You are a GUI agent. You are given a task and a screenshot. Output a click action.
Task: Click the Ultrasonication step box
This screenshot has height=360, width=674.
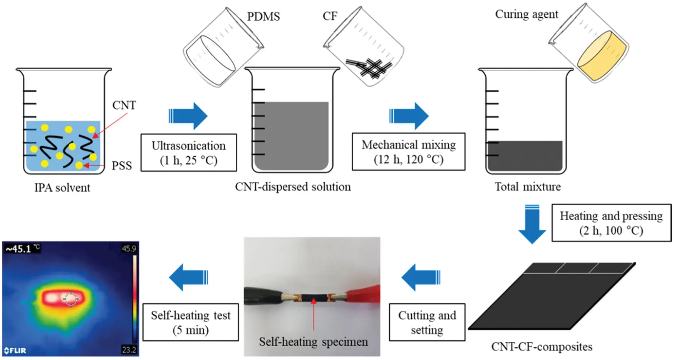(x=189, y=153)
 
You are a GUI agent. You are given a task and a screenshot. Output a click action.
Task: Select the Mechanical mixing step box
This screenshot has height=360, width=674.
(x=408, y=152)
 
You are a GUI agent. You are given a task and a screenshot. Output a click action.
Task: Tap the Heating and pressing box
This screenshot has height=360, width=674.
(x=611, y=223)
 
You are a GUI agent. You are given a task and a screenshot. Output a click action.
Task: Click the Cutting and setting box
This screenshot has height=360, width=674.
(x=427, y=322)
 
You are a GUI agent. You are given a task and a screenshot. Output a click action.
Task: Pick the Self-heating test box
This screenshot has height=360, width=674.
(x=191, y=322)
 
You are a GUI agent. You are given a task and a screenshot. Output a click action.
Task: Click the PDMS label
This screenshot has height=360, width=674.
(x=263, y=17)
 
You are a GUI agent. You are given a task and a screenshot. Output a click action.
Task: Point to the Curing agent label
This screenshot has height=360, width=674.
(x=526, y=14)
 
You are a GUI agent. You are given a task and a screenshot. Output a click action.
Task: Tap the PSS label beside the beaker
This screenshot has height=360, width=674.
(x=122, y=166)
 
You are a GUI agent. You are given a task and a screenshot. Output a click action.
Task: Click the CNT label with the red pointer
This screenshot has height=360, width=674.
(x=124, y=105)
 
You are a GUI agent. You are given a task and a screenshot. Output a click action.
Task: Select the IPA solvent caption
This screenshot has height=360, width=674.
(x=62, y=188)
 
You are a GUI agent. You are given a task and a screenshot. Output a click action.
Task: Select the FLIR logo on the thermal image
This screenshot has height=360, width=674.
(x=15, y=350)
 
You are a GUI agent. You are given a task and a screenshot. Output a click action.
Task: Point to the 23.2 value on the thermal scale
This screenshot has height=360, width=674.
(x=129, y=350)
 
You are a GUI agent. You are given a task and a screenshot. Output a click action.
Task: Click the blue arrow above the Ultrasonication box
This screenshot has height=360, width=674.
(x=188, y=116)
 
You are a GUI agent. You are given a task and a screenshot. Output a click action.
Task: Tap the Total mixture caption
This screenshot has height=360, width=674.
(x=527, y=187)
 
